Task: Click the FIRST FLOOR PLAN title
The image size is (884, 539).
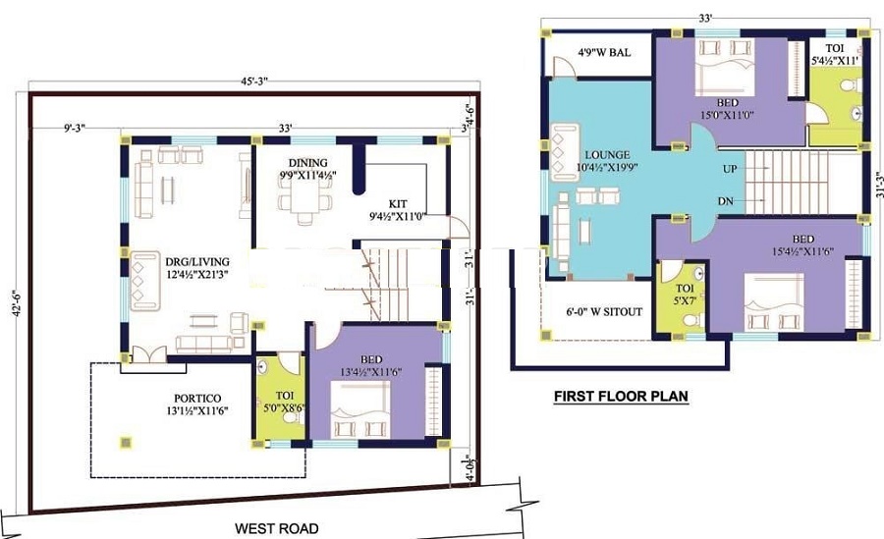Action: [x=620, y=397]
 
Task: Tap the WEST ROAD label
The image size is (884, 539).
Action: [x=277, y=528]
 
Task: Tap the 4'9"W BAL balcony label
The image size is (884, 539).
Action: [x=604, y=51]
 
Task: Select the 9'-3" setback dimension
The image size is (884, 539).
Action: [x=75, y=128]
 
